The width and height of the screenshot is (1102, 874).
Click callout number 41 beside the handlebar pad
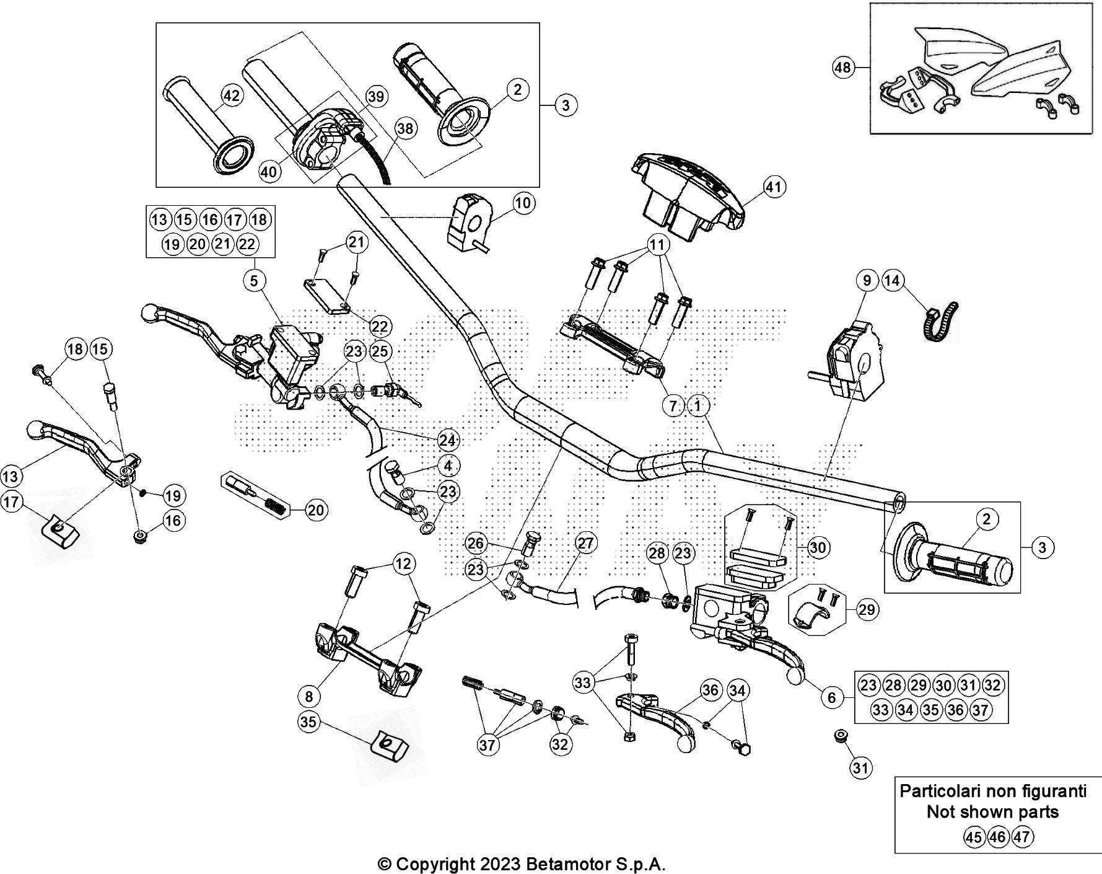tap(774, 187)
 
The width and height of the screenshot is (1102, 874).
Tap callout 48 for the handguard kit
tap(843, 67)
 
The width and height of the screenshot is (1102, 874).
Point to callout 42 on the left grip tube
tap(231, 96)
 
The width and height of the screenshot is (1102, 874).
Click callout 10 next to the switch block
tap(524, 203)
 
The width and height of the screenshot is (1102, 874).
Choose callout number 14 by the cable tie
tap(892, 280)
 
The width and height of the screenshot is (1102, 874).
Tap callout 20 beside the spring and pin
tap(316, 510)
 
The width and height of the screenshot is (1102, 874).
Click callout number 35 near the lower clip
tap(309, 722)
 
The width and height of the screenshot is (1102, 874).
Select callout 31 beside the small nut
tap(860, 769)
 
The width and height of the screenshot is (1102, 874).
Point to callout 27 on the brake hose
tap(585, 544)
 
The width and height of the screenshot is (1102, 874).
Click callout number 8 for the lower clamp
tap(309, 696)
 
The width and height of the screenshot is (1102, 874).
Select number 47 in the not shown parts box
tap(1022, 837)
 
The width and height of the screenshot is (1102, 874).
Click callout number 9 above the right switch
tap(867, 280)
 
